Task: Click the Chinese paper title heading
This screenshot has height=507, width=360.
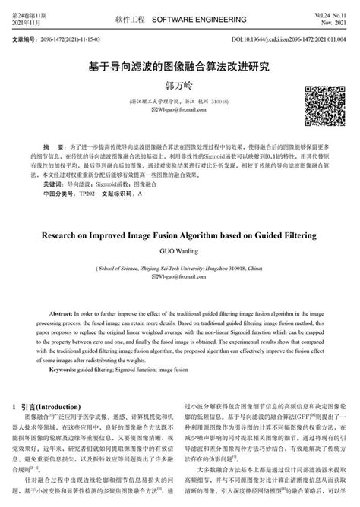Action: point(179,67)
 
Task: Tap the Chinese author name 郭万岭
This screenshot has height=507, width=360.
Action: point(179,87)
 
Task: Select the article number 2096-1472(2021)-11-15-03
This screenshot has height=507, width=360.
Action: point(86,37)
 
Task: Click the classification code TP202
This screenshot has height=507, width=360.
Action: point(88,194)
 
